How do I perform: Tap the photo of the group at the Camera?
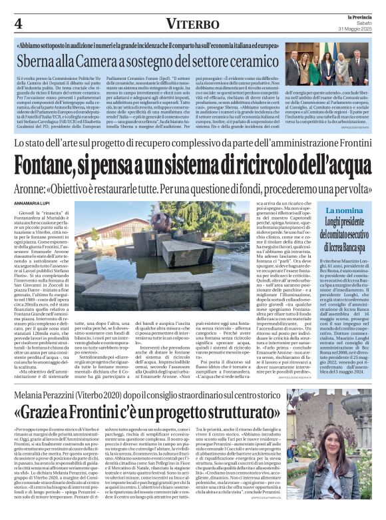(x=326, y=67)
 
